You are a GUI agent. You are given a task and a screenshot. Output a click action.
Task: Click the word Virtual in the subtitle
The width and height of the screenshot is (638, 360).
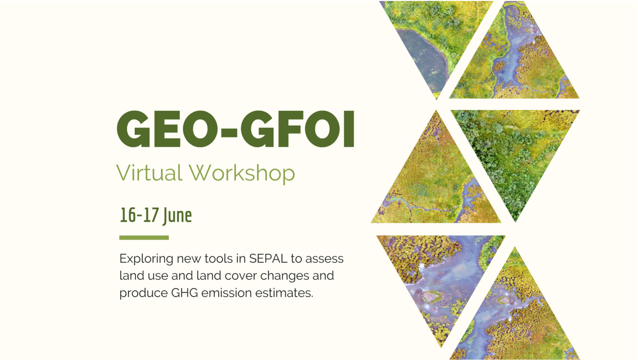coord(149,172)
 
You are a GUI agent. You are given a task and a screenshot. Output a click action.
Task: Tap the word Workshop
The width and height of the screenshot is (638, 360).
coord(242,174)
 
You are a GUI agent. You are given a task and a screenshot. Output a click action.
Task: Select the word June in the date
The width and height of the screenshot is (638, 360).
coord(177,216)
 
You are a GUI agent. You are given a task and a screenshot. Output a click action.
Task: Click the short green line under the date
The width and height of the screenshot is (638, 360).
coord(144,238)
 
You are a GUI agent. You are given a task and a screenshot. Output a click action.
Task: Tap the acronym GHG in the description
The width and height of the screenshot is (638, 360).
coord(185,293)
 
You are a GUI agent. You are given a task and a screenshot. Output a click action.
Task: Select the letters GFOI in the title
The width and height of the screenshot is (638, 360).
coord(297,129)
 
